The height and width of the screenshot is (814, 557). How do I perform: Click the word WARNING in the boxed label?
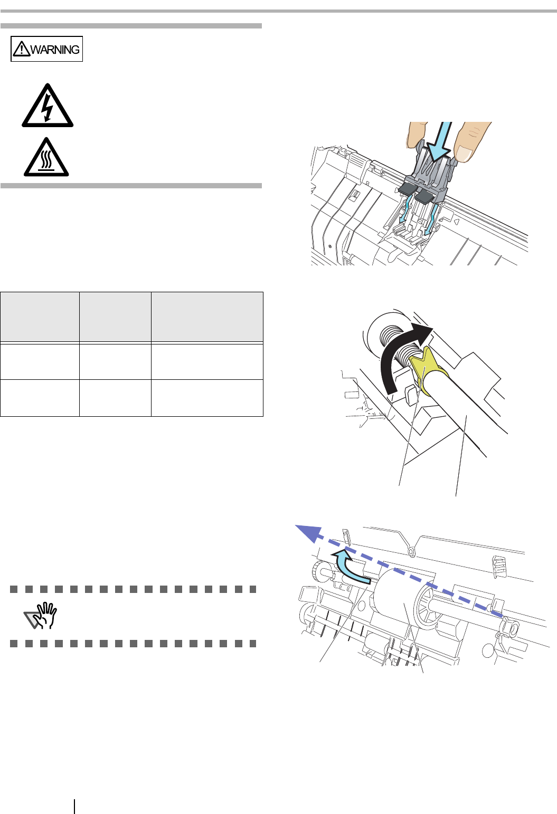coord(55,50)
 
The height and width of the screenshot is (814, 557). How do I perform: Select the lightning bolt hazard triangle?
coord(48,106)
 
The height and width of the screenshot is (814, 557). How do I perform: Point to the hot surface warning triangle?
coord(46,157)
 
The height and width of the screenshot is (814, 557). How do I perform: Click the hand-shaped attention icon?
coord(41,615)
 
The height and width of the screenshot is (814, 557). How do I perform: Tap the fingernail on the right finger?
coord(464,154)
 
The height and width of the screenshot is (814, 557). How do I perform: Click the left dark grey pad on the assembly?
coord(407,188)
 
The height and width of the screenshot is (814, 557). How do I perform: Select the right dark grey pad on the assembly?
coord(423,197)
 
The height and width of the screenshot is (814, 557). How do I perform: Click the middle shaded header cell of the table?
coord(115,317)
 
